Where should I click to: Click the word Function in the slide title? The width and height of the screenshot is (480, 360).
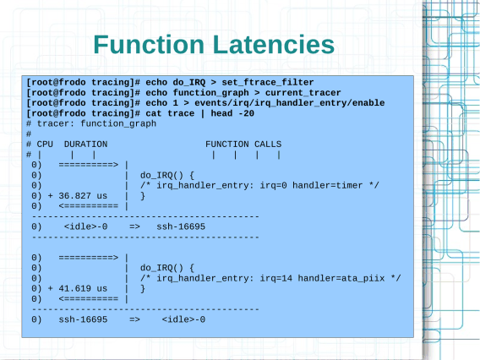pyautogui.click(x=149, y=45)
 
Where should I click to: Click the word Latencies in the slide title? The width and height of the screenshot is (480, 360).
pyautogui.click(x=273, y=45)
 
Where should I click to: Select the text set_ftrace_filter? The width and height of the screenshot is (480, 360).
pyautogui.click(x=268, y=83)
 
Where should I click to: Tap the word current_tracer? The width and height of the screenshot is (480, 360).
pyautogui.click(x=303, y=93)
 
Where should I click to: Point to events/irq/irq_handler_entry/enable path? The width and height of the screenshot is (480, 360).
pyautogui.click(x=290, y=103)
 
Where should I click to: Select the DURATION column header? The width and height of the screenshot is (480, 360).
pyautogui.click(x=85, y=145)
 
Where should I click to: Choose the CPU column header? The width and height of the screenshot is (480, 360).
pyautogui.click(x=45, y=145)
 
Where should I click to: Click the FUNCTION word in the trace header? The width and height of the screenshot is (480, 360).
pyautogui.click(x=226, y=145)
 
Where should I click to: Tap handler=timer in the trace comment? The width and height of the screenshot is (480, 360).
pyautogui.click(x=327, y=186)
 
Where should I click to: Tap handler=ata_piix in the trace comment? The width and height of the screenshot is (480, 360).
pyautogui.click(x=341, y=278)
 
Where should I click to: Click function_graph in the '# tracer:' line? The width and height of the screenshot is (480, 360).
pyautogui.click(x=118, y=123)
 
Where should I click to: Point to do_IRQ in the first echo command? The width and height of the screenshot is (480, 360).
pyautogui.click(x=189, y=83)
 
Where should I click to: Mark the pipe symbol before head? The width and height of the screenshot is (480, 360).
pyautogui.click(x=202, y=113)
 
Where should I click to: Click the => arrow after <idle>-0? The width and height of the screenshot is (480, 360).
pyautogui.click(x=134, y=226)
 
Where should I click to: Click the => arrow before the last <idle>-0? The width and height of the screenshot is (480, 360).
pyautogui.click(x=134, y=319)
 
